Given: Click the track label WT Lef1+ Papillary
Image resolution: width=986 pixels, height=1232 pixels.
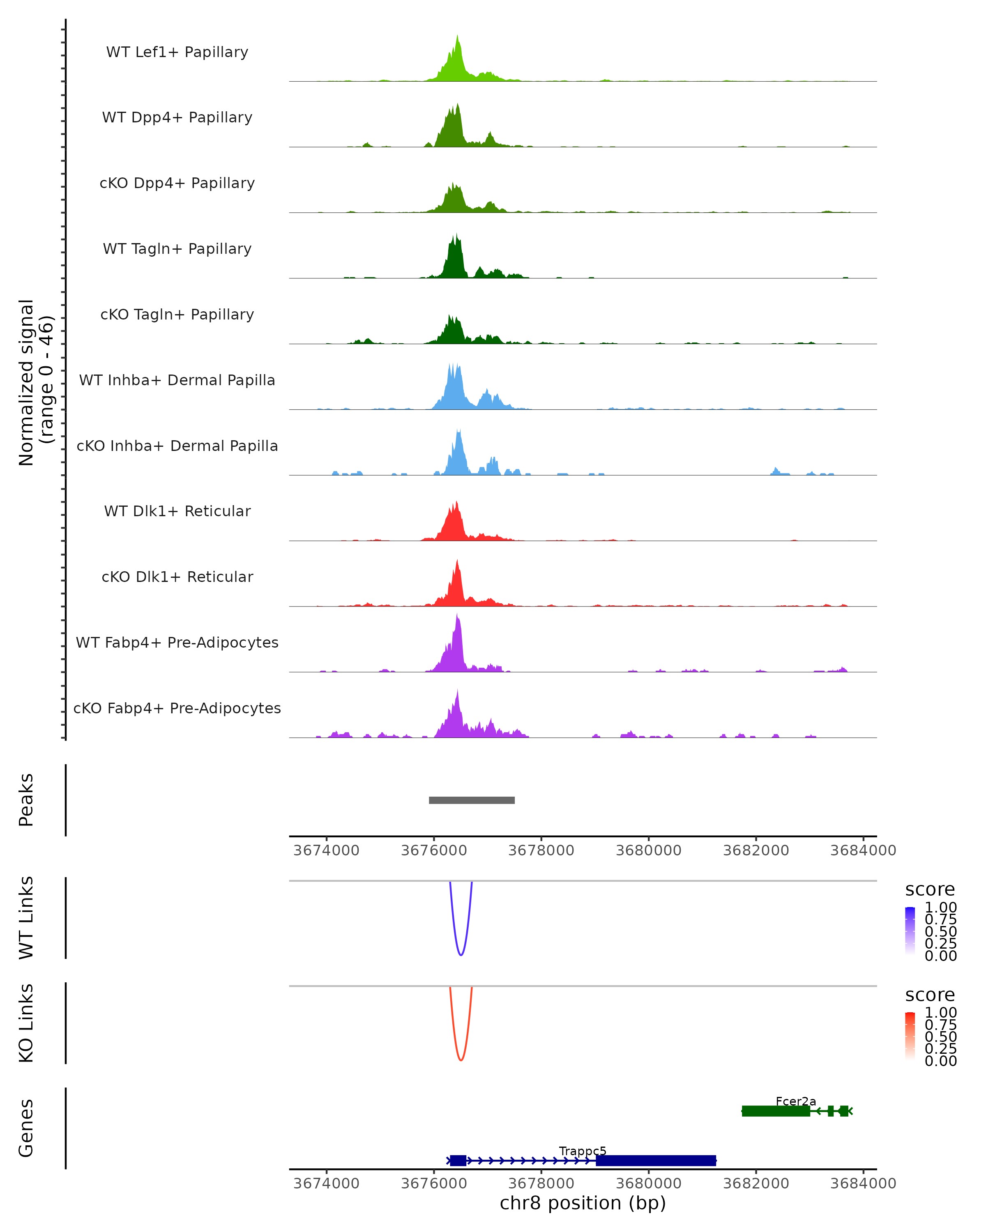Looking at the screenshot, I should pos(177,52).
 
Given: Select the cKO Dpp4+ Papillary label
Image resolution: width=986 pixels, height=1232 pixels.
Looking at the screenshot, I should pos(177,184).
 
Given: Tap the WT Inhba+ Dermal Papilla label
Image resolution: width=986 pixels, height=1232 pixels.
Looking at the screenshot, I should pos(177,381).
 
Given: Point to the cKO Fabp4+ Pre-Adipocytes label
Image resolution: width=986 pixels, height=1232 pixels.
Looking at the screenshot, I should pos(177,708).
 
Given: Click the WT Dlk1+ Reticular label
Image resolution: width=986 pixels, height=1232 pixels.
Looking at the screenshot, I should pos(177,511).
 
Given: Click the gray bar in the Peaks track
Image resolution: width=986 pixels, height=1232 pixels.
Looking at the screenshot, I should pos(472,800).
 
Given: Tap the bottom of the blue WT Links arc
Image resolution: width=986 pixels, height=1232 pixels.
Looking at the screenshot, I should pos(461,954).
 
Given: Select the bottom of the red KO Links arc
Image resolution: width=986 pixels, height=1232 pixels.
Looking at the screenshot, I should pos(461,1060).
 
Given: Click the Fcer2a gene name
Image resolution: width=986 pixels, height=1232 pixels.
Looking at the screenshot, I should pos(796,1101).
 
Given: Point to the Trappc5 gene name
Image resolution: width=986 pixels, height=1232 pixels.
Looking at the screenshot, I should pos(583,1151).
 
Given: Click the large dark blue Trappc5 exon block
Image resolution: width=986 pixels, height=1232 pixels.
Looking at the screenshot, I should pos(656,1161).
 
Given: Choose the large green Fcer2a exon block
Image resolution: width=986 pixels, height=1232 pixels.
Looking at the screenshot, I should pos(776,1111).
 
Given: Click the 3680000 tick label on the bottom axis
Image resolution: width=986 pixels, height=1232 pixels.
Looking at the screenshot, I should pos(649,1184).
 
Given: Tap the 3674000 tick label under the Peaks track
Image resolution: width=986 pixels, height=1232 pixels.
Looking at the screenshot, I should pos(326,851).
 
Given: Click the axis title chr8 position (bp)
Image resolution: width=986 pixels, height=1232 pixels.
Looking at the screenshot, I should pos(583,1203).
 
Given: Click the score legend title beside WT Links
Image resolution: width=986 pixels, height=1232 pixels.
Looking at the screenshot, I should pos(929,890).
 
